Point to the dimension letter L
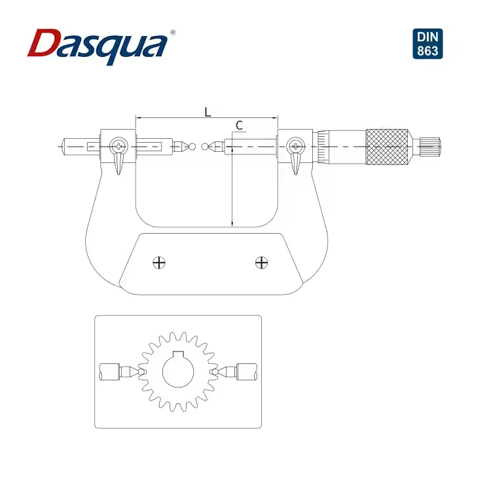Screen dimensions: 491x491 point(208,112)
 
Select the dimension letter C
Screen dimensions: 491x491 point(239,125)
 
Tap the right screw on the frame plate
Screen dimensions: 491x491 point(261,263)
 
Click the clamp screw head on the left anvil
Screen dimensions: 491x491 point(119,145)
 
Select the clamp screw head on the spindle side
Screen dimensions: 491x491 point(296,145)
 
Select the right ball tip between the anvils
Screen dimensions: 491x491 point(205,146)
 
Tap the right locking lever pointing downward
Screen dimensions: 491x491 point(295,163)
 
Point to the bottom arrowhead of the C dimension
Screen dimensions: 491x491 point(232,224)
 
